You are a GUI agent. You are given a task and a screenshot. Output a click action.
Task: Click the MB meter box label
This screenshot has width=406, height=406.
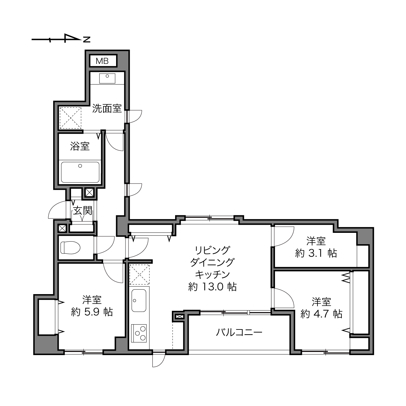tap(102, 61)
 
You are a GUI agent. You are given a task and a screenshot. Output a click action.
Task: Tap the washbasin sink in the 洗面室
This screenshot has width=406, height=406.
tap(107, 78)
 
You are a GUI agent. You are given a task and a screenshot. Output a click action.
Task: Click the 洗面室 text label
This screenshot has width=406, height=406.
tap(107, 108)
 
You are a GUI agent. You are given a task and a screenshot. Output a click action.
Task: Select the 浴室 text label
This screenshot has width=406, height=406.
tap(80, 146)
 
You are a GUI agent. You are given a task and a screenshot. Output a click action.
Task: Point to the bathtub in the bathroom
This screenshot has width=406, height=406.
tap(80, 172)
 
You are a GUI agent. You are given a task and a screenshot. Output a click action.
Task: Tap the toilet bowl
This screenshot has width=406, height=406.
tap(70, 247)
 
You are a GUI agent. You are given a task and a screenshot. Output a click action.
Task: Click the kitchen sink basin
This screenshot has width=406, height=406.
tap(139, 300)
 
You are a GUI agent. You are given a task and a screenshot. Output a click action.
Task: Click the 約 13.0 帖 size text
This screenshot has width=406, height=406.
tap(212, 287)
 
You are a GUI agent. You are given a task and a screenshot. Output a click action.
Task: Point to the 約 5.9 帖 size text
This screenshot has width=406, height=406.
tap(92, 312)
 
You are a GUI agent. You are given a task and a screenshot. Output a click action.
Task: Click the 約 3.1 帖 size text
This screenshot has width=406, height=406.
tap(316, 253)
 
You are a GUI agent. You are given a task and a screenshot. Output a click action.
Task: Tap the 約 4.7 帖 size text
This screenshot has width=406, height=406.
tap(321, 314)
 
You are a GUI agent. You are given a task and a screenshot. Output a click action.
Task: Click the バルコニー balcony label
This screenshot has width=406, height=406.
tap(239, 332)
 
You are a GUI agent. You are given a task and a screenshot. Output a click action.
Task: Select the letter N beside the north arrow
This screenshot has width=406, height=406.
tap(87, 39)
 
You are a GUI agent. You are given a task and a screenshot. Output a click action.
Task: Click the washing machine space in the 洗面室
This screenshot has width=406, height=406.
tap(70, 118)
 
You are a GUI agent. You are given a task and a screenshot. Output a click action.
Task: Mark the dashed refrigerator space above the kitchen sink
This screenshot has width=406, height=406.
tap(139, 275)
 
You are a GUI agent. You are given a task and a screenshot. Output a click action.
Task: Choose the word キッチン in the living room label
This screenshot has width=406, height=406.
tap(212, 274)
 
